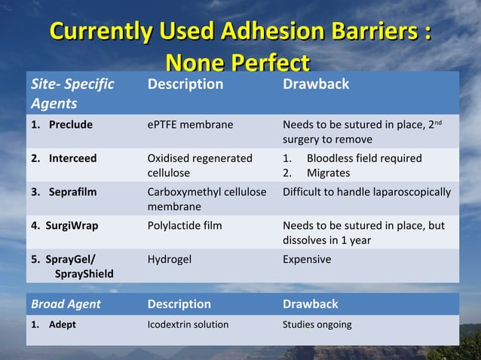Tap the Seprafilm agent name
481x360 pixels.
click(x=73, y=191)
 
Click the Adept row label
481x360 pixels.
click(x=64, y=325)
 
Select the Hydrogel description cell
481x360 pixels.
click(x=170, y=259)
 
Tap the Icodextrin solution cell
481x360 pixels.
click(x=188, y=325)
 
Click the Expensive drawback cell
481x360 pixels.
click(x=307, y=259)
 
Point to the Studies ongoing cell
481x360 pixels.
click(x=317, y=325)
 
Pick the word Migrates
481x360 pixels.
click(x=328, y=172)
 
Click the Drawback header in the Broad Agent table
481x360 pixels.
click(x=310, y=304)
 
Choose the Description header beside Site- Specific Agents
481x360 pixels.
click(x=185, y=84)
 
